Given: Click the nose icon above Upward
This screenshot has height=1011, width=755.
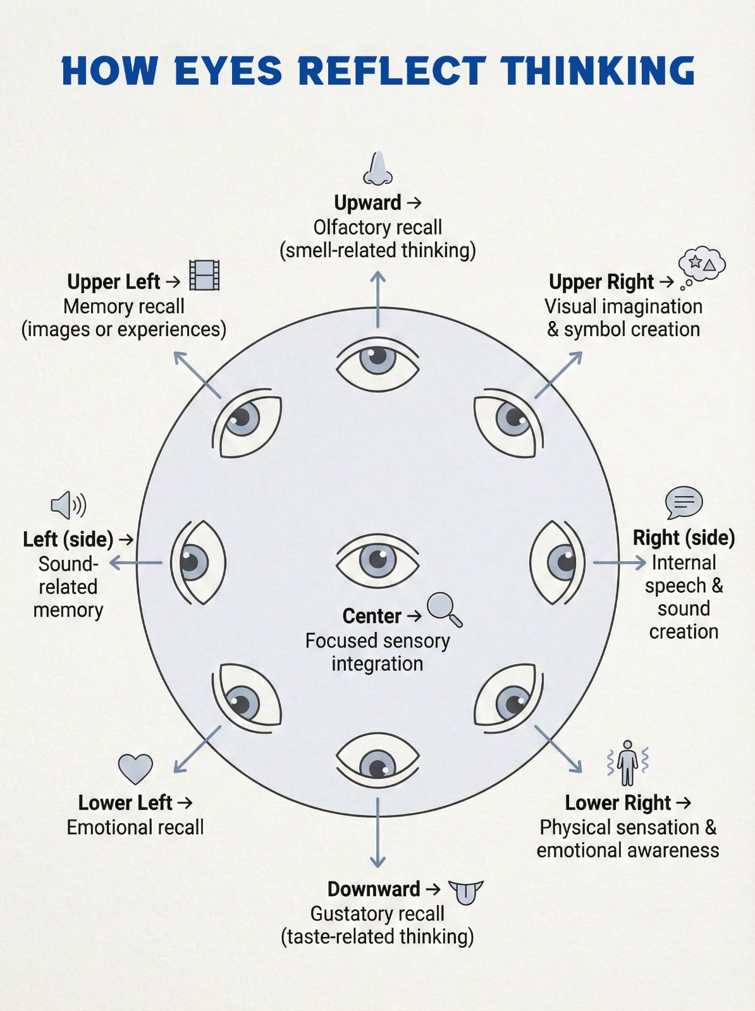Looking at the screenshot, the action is [x=378, y=169].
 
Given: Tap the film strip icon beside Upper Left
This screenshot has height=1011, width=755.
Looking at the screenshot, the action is [x=204, y=275].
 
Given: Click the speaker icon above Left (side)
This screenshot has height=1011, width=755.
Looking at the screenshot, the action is [x=68, y=505].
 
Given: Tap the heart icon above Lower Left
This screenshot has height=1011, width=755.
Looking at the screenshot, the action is [x=135, y=769].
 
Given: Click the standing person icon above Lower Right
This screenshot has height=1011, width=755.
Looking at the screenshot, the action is [x=627, y=763].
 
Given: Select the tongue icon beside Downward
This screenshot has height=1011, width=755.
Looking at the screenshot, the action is [x=465, y=893].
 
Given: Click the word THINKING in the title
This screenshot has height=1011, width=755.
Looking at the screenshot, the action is [x=598, y=71].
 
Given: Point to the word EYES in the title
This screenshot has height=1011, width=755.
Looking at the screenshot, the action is [x=228, y=71].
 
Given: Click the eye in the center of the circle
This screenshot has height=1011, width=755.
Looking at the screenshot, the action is [x=378, y=561].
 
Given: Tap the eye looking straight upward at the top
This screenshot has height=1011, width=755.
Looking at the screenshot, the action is [x=378, y=364].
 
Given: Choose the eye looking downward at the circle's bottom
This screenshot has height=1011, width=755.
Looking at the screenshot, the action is [x=378, y=761].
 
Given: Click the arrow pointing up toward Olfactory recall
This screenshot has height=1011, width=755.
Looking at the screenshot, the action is [x=378, y=300].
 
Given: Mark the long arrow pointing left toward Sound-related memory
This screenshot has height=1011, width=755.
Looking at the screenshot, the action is [x=135, y=562].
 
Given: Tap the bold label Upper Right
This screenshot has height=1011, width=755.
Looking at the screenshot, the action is [x=601, y=282].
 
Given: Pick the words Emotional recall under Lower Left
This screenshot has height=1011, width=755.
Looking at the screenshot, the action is [x=135, y=828].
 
